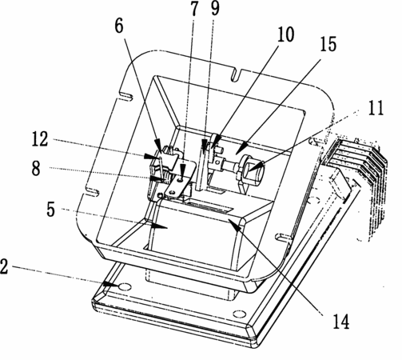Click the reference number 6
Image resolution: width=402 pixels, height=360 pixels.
coord(119,26)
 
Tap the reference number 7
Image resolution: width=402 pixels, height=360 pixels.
coord(194,9)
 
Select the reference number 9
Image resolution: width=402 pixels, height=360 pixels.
coord(215,9)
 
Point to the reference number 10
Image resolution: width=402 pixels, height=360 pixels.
coord(285,34)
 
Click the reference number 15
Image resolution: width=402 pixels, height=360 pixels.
coord(328,44)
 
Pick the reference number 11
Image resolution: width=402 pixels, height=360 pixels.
coord(376,108)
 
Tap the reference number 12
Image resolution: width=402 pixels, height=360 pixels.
coord(40,139)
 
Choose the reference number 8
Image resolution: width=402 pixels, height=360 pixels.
coord(36,169)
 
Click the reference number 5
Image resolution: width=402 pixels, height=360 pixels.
coord(50,210)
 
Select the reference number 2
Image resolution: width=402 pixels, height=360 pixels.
coord(4,266)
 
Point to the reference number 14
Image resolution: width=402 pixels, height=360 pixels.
coord(340,322)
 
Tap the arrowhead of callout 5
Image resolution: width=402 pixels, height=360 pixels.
coord(159,226)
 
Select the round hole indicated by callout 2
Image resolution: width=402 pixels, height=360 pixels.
coord(125,287)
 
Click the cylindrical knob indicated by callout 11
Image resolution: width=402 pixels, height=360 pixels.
coord(253,169)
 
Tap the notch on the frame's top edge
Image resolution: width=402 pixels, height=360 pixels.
coord(235,74)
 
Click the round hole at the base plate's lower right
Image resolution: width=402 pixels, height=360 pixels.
coord(239,314)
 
